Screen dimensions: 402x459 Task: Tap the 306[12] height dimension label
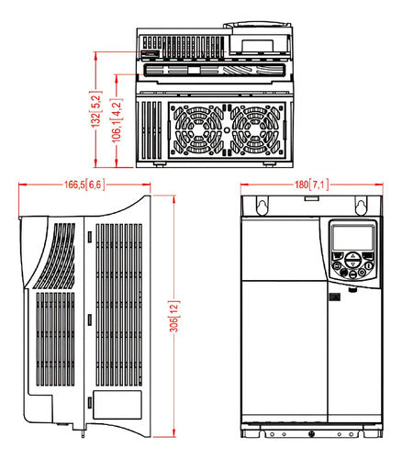[174, 316]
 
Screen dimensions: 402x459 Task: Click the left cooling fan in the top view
[198, 130]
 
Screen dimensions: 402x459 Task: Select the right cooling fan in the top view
[256, 130]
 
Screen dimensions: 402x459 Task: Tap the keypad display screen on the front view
[353, 238]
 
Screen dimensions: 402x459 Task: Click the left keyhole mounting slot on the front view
[262, 207]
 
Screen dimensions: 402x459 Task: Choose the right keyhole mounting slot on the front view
[361, 207]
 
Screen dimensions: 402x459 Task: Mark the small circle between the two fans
[227, 130]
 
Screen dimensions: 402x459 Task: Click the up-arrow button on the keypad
[352, 256]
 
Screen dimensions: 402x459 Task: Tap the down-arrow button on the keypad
[352, 263]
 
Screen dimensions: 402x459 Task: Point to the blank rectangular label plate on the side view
[117, 405]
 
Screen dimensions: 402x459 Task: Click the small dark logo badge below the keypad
[335, 297]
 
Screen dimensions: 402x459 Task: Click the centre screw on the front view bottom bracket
[312, 433]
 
